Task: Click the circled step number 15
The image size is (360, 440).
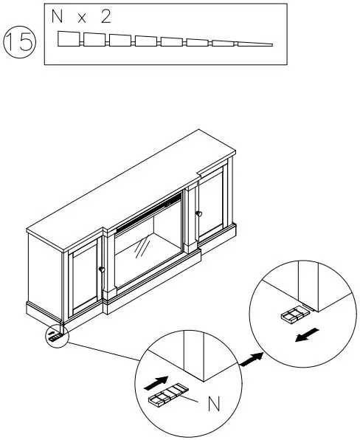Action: pyautogui.click(x=21, y=43)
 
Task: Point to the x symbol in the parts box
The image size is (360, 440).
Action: pyautogui.click(x=83, y=19)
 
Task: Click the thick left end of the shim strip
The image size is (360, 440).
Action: pyautogui.click(x=68, y=38)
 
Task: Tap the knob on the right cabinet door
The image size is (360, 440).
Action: pyautogui.click(x=198, y=213)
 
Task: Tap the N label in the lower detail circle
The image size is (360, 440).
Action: pyautogui.click(x=213, y=405)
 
